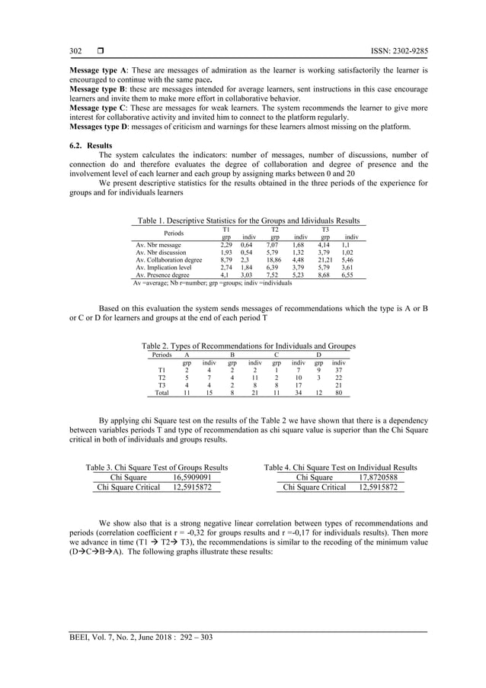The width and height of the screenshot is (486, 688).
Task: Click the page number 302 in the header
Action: point(75,51)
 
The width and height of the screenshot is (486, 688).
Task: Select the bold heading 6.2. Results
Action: point(82,144)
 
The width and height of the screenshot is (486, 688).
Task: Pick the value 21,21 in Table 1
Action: point(325,260)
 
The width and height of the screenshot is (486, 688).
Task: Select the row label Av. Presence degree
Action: point(163,275)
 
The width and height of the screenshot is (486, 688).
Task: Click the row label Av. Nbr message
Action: point(160,245)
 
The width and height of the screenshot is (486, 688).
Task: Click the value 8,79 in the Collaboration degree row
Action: point(225,260)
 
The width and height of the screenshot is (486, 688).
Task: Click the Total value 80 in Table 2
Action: point(339,394)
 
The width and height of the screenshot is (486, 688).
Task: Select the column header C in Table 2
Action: point(277,355)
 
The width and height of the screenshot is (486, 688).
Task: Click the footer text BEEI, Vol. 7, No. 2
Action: point(100,638)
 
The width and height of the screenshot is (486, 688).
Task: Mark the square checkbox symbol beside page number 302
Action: point(100,51)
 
